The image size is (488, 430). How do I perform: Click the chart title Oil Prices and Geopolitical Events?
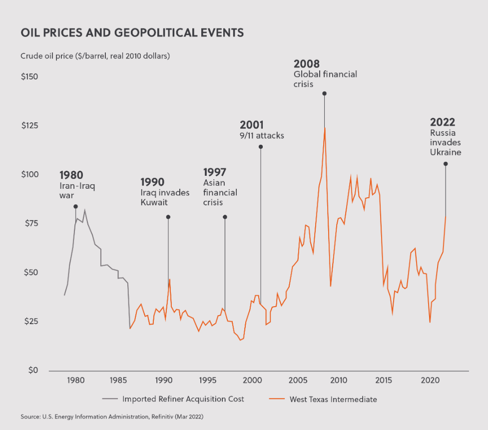[132, 33]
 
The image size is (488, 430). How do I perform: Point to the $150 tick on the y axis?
[30, 77]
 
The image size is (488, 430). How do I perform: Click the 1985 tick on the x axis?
[119, 381]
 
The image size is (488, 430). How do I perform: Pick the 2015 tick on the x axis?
[384, 381]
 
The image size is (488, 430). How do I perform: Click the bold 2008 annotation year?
[306, 64]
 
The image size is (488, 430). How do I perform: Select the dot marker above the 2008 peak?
[324, 93]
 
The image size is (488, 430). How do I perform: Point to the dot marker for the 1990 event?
[168, 217]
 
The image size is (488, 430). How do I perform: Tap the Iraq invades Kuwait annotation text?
[164, 198]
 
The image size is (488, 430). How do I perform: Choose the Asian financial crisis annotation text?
[220, 193]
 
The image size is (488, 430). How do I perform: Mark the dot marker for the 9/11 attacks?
[260, 147]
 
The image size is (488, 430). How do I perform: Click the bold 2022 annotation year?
[443, 122]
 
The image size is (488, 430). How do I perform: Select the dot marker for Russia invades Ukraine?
[446, 164]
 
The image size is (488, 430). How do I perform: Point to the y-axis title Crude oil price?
[95, 55]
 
